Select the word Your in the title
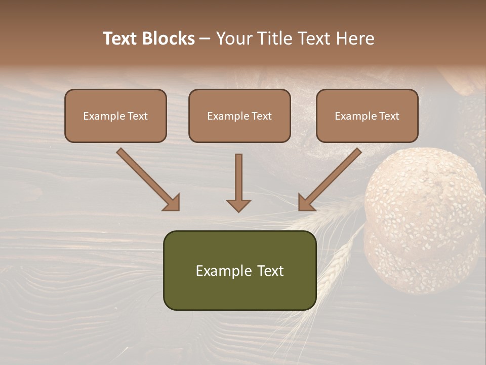pos(233,39)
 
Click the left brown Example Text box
pos(115,116)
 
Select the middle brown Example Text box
pos(239,116)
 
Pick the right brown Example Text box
pos(367,116)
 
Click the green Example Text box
pos(239,270)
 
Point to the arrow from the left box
pos(148,179)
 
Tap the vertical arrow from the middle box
pos(238,182)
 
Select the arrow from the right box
pos(330,179)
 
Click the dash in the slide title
pos(205,39)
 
